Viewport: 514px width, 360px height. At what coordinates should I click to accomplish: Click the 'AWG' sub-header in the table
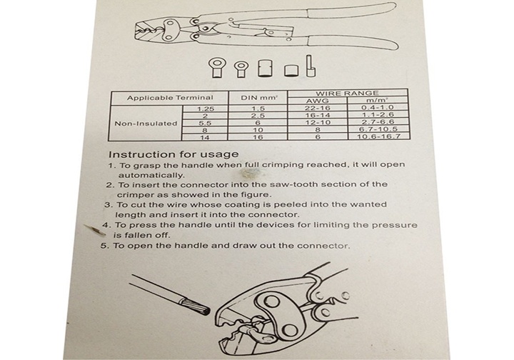315,101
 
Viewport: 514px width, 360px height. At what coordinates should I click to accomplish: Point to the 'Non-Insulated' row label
146,123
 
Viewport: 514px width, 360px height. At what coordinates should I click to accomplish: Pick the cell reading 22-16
315,108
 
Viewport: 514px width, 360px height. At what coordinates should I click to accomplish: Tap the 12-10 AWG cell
315,122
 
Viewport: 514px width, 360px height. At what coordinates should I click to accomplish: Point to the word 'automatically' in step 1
151,175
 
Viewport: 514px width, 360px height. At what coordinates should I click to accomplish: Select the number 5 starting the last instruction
103,246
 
